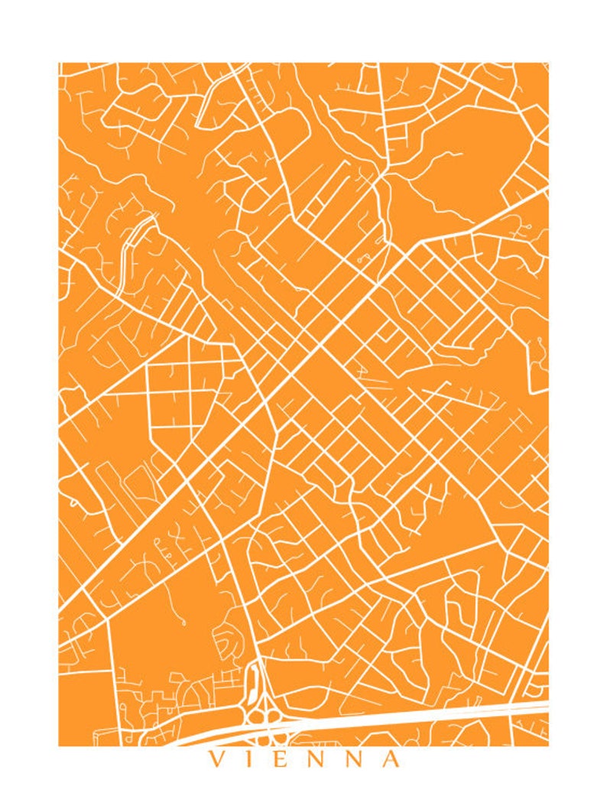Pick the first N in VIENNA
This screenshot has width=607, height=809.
[320, 759]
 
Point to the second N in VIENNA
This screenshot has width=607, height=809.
[355, 759]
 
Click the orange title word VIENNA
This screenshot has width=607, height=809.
[303, 759]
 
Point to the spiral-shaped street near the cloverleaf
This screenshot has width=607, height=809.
[226, 642]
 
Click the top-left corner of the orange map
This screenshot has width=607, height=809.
[59, 63]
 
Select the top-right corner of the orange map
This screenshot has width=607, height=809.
[548, 63]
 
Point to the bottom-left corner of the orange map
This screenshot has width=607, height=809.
[59, 745]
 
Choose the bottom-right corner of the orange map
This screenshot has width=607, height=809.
[548, 745]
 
